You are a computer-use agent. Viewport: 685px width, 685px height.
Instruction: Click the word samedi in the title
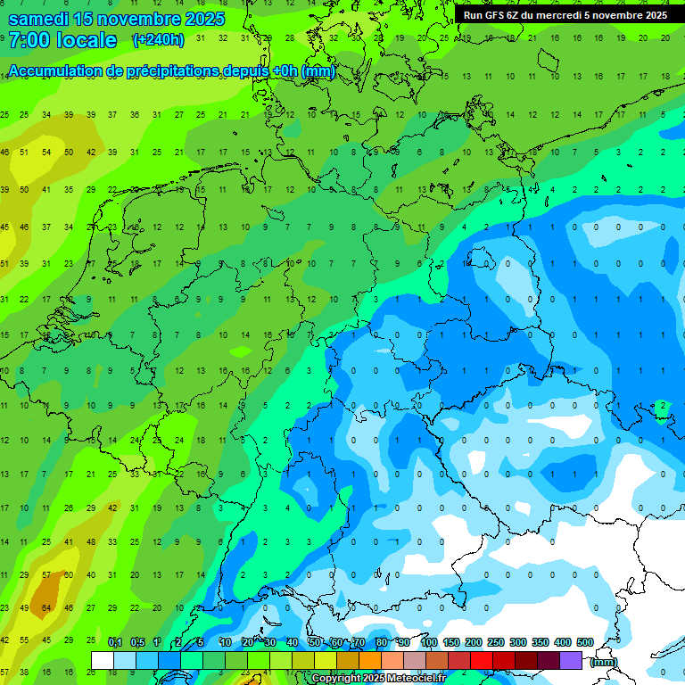pos(43,19)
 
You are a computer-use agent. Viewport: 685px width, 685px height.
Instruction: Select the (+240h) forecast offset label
pos(158,39)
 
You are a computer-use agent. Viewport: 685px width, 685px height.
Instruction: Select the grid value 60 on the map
pos(68,574)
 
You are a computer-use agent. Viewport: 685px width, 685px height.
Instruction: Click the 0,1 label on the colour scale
pos(115,643)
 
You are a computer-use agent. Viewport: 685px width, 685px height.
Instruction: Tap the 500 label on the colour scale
pos(584,643)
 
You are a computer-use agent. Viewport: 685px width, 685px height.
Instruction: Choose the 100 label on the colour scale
pos(429,643)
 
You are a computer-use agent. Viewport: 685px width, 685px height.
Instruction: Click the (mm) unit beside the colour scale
pos(604,661)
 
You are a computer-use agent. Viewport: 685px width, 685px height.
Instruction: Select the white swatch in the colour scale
pos(102,660)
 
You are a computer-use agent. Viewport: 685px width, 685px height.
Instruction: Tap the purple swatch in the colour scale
pos(570,660)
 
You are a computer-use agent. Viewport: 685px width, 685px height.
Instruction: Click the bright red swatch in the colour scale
pos(481,660)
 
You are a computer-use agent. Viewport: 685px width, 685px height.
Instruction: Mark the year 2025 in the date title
pos(202,19)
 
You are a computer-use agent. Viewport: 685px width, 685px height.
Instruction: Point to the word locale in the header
pos(86,40)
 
